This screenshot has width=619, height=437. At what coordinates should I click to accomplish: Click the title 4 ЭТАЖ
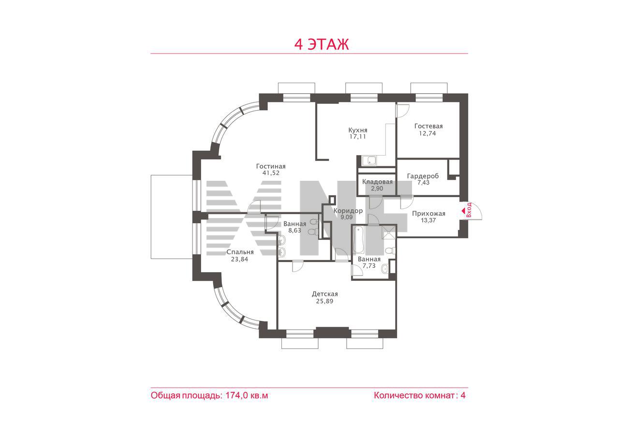pos(322,44)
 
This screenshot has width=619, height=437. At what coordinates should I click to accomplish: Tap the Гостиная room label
pos(271,166)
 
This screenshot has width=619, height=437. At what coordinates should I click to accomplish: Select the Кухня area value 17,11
pos(357,137)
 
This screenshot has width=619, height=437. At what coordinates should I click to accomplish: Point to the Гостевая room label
pos(428,126)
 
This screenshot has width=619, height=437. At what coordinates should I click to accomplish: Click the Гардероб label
pos(423,176)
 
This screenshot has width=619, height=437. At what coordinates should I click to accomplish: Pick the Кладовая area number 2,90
pos(377,189)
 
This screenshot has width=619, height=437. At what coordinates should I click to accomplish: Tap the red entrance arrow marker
pos(463,211)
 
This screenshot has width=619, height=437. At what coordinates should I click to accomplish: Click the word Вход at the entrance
pos(469,210)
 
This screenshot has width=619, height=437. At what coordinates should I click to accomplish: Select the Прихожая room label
pos(428,214)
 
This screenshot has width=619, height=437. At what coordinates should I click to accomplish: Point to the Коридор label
pos(348,211)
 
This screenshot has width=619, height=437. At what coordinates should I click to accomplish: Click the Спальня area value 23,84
pos(239,259)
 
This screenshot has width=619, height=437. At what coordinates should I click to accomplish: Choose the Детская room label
pos(324,294)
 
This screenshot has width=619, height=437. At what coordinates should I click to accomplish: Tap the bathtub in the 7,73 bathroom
pos(358,240)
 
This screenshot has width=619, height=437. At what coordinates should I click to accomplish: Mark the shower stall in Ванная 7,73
pos(389,232)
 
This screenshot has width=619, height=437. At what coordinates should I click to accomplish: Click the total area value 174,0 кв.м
pos(247,395)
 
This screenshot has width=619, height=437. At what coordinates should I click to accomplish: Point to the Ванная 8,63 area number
pos(295,231)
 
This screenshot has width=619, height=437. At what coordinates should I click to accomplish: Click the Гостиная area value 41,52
pos(271,173)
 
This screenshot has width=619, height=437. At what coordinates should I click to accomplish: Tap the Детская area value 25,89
pos(324,301)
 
